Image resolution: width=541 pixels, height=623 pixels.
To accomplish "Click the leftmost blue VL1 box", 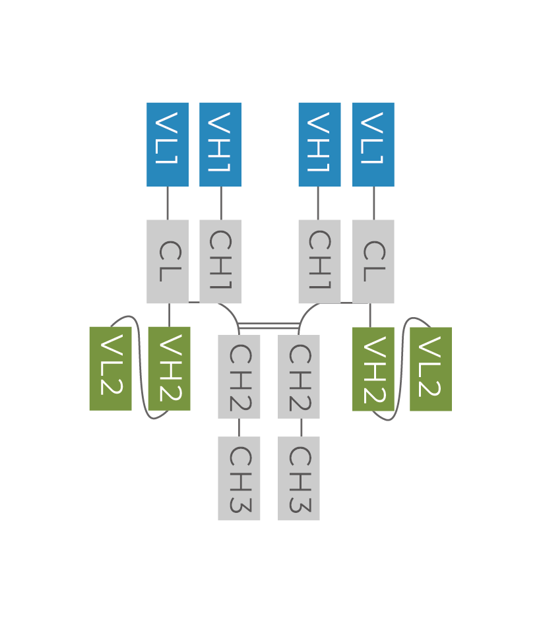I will [x=168, y=144].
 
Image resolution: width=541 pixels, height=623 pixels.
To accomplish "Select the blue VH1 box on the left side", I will [x=220, y=144].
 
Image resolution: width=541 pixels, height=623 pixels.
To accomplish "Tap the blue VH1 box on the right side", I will [x=319, y=144].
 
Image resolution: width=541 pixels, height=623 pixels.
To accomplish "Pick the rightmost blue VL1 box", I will [x=373, y=144].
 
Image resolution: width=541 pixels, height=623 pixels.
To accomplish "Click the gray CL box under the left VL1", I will [x=168, y=262].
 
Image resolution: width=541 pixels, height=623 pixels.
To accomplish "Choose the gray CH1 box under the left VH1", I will [x=220, y=262].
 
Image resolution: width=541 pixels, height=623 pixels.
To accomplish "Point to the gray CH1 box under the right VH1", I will [x=319, y=262].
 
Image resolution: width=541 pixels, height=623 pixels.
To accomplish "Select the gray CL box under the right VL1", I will [x=373, y=262].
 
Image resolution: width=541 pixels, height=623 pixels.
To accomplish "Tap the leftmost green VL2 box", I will [x=110, y=369].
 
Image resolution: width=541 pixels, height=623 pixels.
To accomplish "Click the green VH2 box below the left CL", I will [x=170, y=369].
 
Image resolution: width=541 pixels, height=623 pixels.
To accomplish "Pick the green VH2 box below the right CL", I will [x=373, y=369].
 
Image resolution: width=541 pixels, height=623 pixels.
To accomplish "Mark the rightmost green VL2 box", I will [x=431, y=369].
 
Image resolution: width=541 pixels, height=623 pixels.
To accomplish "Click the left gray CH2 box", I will [x=239, y=376].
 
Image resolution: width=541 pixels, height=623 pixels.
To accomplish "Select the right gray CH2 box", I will [x=299, y=376].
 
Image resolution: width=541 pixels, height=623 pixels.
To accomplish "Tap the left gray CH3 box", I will [x=239, y=479].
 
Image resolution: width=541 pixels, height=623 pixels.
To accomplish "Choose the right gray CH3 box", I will [x=299, y=479].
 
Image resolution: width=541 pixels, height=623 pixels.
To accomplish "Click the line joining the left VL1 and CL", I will [x=168, y=203].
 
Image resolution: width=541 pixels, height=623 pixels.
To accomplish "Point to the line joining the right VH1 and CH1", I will [x=318, y=203].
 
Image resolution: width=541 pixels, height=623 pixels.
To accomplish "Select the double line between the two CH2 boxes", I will [x=269, y=326].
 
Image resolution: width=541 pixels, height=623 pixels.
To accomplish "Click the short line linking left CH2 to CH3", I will [x=239, y=427].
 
